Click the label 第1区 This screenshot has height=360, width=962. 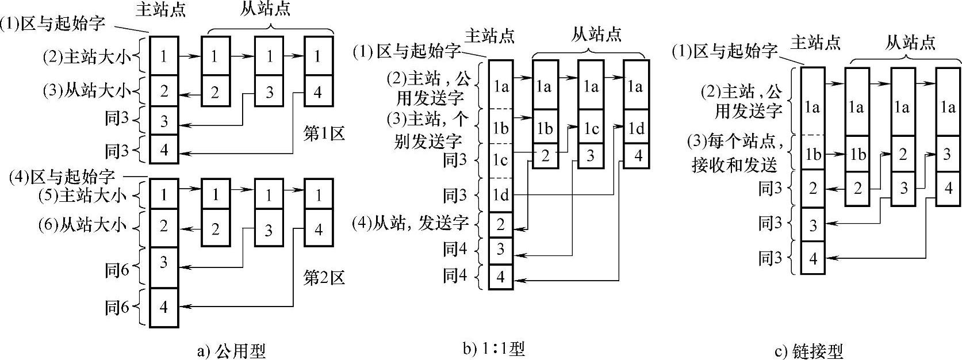[x=324, y=135]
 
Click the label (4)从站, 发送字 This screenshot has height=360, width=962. [x=411, y=222]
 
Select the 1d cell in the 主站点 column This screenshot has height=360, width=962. [x=500, y=196]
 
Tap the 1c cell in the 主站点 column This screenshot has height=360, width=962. [x=500, y=160]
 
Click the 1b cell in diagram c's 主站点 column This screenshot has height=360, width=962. [x=812, y=154]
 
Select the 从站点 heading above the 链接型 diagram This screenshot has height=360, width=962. [x=910, y=42]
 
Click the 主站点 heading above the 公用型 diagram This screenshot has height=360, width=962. [x=161, y=10]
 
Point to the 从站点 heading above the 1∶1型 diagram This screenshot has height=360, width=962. [x=596, y=35]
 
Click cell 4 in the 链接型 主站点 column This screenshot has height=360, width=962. [x=812, y=259]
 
